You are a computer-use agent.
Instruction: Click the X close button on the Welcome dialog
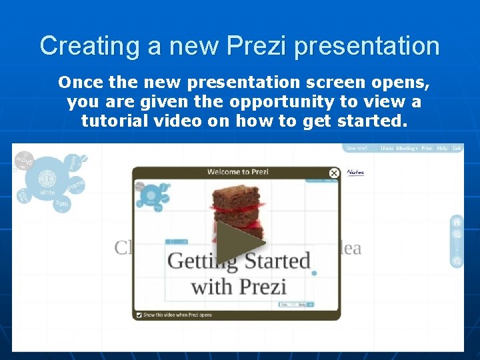(334, 173)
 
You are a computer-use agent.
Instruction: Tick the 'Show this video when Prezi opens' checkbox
(139, 315)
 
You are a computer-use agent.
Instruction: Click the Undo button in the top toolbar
(387, 148)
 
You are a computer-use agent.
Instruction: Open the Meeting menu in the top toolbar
(407, 148)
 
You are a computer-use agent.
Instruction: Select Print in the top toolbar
(427, 148)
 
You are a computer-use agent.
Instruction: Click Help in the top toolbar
(442, 148)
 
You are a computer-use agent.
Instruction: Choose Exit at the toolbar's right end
(457, 148)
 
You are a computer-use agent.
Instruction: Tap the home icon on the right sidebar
(457, 222)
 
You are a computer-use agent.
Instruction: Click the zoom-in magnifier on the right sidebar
(457, 235)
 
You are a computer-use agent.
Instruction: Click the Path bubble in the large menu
(62, 203)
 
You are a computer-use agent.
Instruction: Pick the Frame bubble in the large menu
(76, 183)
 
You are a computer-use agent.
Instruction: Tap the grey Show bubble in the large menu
(24, 160)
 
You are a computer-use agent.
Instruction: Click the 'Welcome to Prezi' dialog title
(237, 172)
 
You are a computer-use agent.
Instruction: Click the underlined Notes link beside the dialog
(355, 172)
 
